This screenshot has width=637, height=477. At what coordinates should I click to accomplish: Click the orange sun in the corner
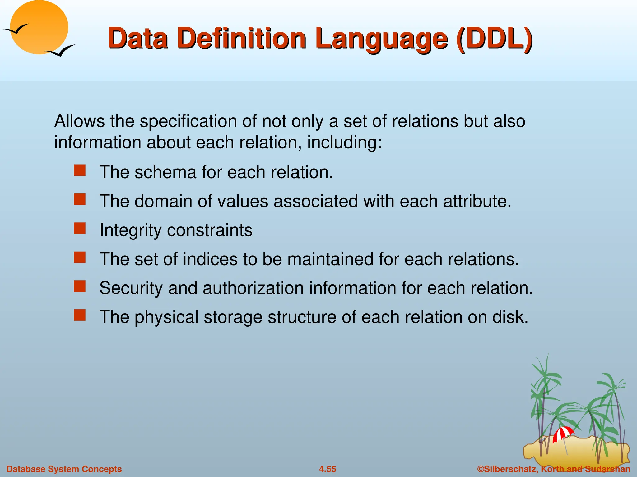click(39, 27)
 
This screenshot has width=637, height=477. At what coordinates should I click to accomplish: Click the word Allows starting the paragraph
click(79, 121)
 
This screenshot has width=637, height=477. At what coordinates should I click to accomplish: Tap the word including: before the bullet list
click(344, 143)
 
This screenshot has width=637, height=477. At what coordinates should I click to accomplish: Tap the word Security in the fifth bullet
click(131, 288)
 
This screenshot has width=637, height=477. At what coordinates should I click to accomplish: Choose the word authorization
click(253, 288)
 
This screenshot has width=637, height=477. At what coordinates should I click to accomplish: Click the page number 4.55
click(327, 469)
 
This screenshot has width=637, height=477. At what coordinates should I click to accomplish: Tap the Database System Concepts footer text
click(64, 469)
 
